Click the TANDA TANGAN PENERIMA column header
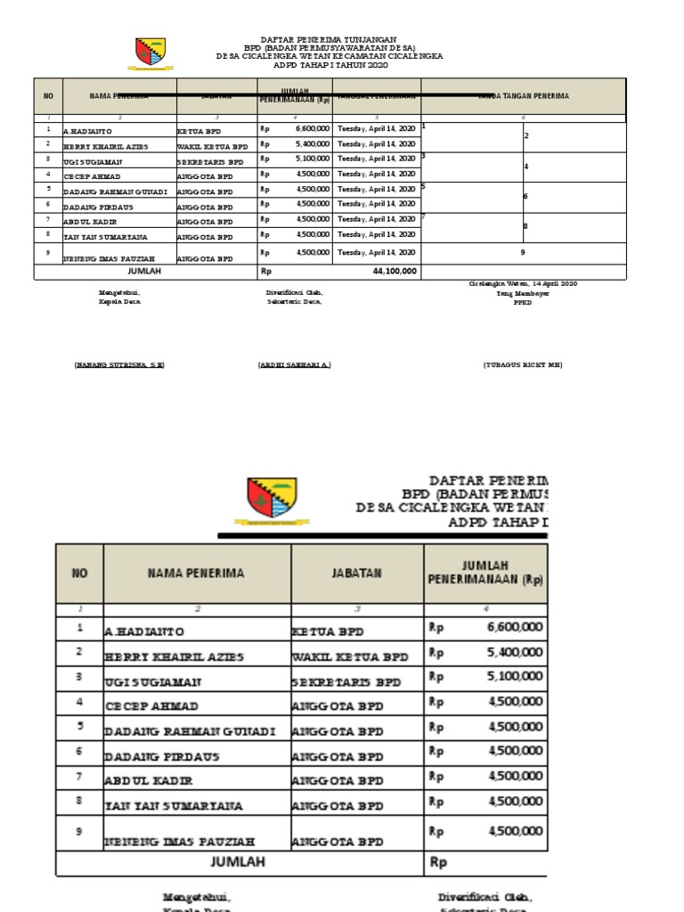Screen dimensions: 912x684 (x=524, y=96)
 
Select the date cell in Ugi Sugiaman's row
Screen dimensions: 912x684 (x=376, y=159)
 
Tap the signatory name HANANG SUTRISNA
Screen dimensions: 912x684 (x=119, y=365)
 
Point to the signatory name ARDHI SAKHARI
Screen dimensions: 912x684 (x=294, y=365)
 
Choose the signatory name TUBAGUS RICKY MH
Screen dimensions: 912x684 (x=524, y=365)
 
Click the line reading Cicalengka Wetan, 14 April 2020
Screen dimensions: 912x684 (x=524, y=283)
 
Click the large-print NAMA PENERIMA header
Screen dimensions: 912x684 (x=196, y=573)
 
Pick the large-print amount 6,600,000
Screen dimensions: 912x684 (x=515, y=627)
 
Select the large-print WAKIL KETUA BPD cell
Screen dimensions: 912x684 (x=350, y=656)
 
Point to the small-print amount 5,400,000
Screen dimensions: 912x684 (x=312, y=144)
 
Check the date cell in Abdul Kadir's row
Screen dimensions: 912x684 (x=376, y=219)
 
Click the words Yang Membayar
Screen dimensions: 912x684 (x=523, y=293)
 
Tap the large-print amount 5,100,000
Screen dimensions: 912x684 (x=515, y=677)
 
